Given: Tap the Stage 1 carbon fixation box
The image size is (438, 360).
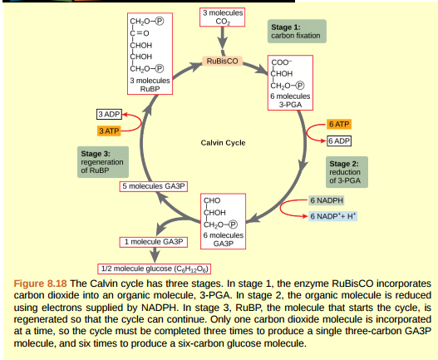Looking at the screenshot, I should (298, 32).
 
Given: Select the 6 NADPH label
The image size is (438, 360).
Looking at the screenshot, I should (325, 200).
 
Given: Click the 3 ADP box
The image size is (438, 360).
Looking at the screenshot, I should (110, 113).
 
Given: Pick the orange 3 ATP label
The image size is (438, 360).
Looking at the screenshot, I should (108, 131).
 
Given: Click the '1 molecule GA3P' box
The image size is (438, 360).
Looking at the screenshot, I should (152, 241).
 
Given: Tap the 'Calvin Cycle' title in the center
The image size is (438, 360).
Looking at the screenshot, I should (223, 143).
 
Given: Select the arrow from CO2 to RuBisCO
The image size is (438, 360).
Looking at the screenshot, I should (223, 42).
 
